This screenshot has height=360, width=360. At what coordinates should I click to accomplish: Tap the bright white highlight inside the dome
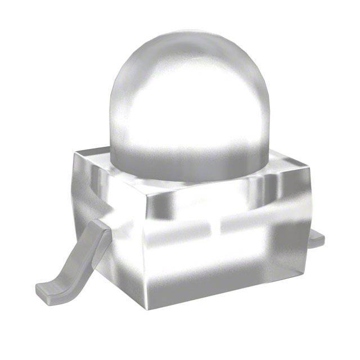point(169,112)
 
